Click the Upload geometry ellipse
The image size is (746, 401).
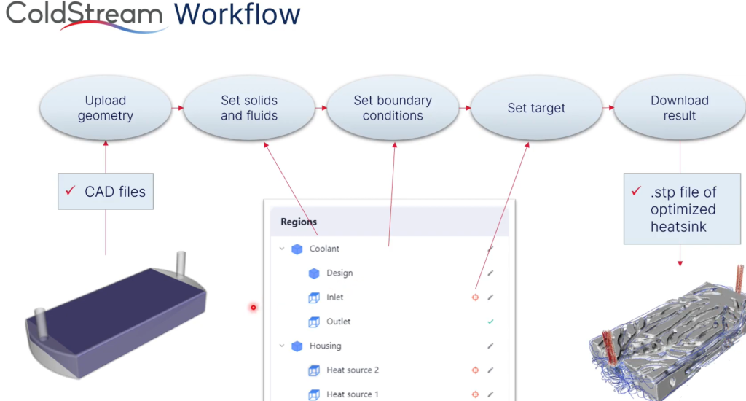[106, 108]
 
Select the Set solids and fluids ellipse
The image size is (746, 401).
[249, 108]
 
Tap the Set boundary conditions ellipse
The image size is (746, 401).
[393, 108]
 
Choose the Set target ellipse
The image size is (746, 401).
[536, 108]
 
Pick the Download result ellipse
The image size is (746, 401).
[680, 108]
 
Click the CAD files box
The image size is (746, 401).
[106, 192]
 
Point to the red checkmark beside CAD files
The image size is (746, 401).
[71, 190]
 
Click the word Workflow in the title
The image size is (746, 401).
[237, 14]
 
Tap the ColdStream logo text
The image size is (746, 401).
[85, 14]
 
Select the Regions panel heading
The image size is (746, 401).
[299, 222]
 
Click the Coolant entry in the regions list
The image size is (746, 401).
[324, 249]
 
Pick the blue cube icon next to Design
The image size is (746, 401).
[314, 273]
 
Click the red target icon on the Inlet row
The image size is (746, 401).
[475, 297]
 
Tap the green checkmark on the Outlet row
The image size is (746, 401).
[490, 322]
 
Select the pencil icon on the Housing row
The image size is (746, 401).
[490, 346]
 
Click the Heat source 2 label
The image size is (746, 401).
[353, 370]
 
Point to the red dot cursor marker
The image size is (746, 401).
[253, 308]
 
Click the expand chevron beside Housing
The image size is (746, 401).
[282, 346]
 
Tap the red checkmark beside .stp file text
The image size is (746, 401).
[636, 191]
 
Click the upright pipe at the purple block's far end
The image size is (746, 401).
[181, 265]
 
